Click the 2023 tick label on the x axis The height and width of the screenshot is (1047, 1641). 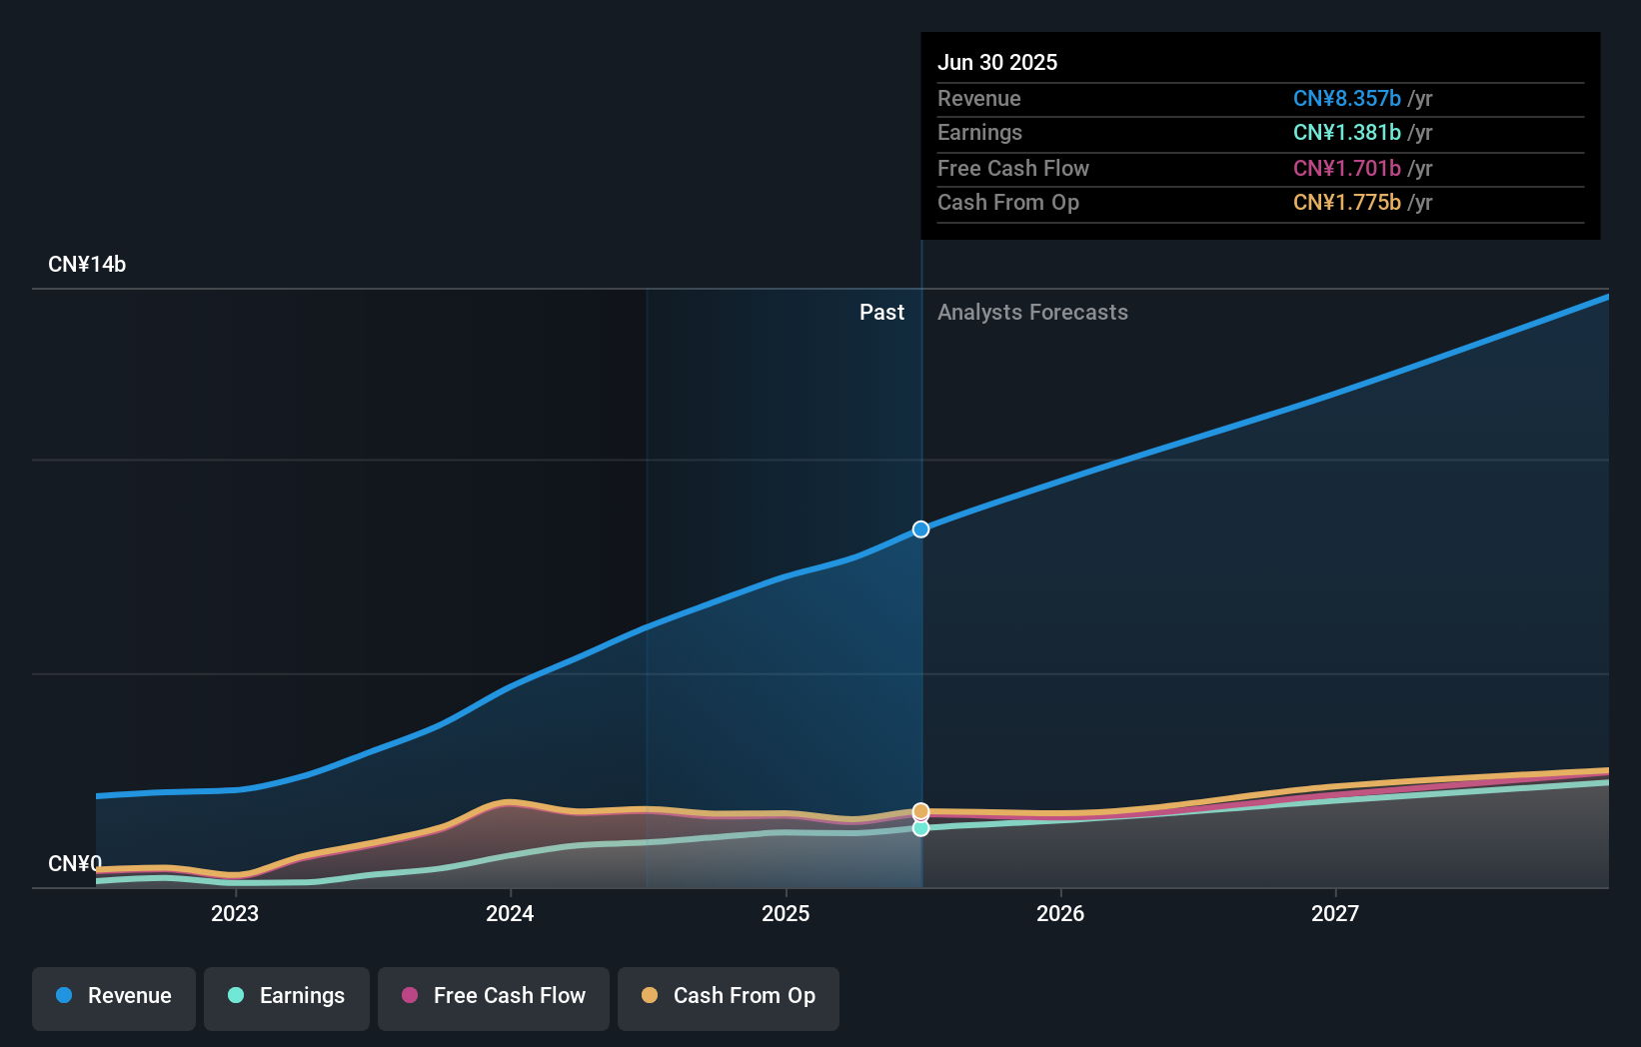(x=235, y=913)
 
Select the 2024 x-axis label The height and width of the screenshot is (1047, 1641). (x=510, y=913)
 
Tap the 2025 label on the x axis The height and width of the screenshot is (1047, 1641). (x=786, y=913)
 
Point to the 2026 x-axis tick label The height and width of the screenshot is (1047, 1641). (x=1060, y=913)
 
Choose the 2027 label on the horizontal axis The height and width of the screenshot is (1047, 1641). (x=1335, y=913)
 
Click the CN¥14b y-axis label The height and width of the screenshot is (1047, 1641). (x=87, y=265)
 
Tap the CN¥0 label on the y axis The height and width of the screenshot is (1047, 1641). (x=75, y=863)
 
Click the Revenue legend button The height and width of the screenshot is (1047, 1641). (x=114, y=996)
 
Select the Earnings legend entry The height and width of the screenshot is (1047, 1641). (x=287, y=996)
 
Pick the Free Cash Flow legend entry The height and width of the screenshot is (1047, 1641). (x=494, y=996)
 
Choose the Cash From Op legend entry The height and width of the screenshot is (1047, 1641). (x=729, y=996)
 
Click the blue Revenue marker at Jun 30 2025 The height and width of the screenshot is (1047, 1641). (x=921, y=529)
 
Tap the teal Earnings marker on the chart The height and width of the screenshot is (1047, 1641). (x=921, y=828)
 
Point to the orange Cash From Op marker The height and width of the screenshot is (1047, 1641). (x=921, y=811)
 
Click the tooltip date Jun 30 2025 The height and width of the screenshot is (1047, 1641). (x=997, y=62)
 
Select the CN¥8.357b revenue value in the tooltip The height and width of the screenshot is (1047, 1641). (x=1346, y=99)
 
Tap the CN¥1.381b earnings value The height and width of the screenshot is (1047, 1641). (x=1346, y=133)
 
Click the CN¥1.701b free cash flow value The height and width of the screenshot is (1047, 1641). (x=1346, y=169)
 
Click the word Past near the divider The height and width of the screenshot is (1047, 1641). (x=881, y=313)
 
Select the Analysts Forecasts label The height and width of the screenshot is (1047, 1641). (x=1032, y=313)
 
